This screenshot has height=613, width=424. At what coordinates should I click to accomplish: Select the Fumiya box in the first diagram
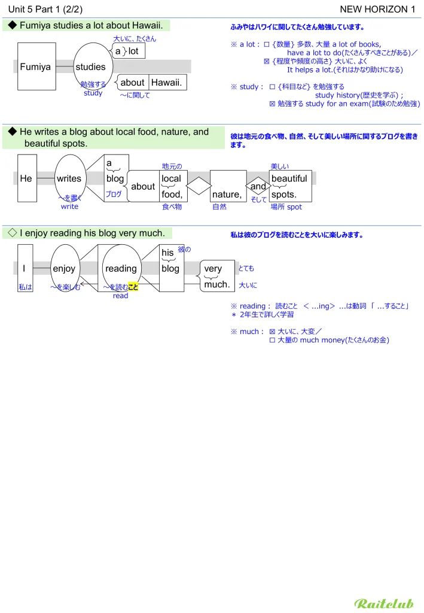coord(36,67)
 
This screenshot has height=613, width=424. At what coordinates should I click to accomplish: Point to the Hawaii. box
coord(167,83)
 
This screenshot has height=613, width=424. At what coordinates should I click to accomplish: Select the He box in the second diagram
coord(26,178)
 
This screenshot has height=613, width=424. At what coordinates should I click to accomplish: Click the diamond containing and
coord(258,186)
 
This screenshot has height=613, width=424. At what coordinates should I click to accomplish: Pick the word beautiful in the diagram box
coord(289,178)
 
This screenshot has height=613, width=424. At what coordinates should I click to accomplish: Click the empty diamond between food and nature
coord(199,186)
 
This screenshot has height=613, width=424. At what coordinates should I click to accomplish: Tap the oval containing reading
coord(121,269)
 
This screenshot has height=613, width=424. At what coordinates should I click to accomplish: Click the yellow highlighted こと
coord(133,287)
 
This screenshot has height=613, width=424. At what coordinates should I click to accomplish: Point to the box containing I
coord(24,269)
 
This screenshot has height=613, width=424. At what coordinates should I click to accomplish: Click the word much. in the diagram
coord(216,284)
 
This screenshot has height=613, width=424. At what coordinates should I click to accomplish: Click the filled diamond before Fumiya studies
coord(11,25)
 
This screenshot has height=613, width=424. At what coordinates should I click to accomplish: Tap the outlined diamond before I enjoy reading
coord(11,233)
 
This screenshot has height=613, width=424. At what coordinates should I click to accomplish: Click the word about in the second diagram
coord(143,187)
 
